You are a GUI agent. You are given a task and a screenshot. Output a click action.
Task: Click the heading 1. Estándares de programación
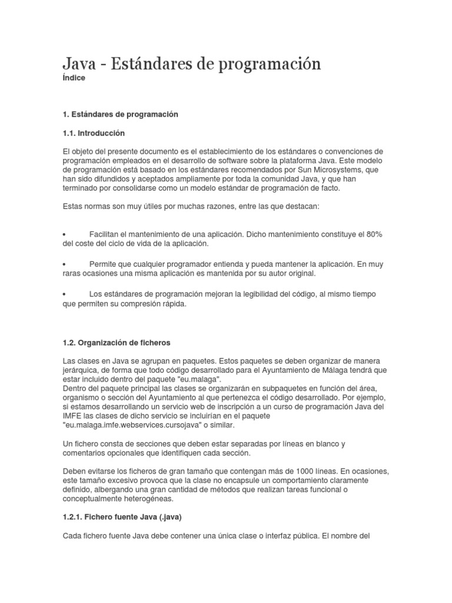(120, 114)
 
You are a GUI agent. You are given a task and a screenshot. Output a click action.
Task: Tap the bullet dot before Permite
(64, 264)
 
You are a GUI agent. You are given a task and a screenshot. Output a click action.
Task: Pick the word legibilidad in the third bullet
(257, 294)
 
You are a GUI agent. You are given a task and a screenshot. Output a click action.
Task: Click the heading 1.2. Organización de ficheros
(116, 342)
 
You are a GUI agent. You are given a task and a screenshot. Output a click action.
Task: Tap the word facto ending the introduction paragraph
(328, 188)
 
